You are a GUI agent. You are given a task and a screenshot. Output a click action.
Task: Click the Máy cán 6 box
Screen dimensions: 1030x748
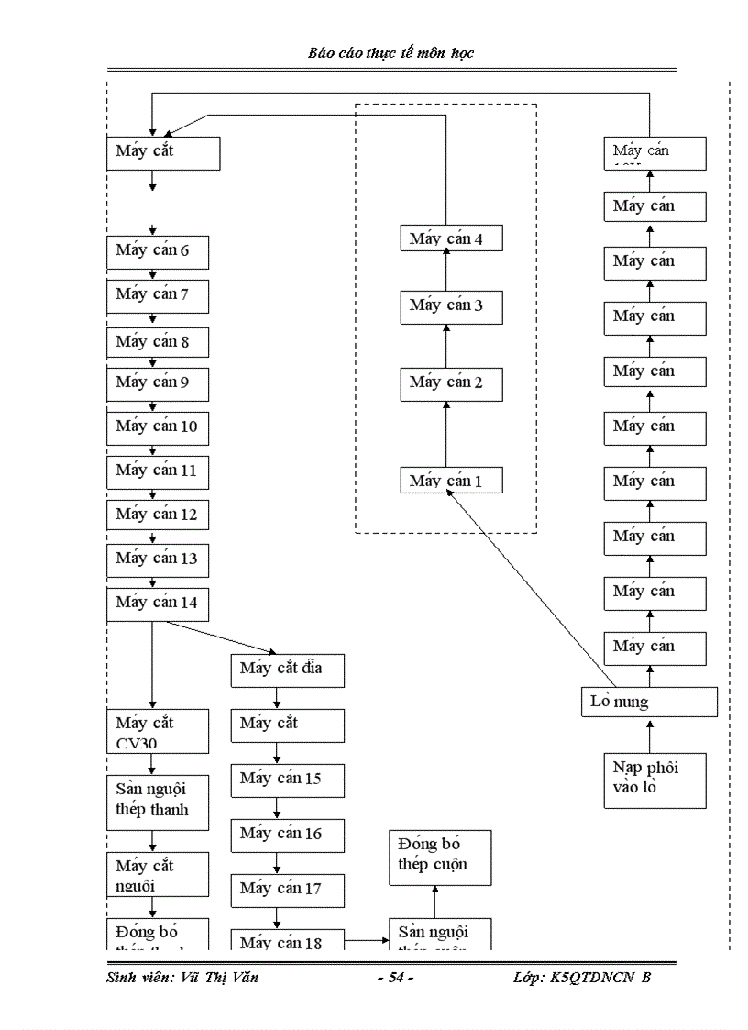click(x=157, y=250)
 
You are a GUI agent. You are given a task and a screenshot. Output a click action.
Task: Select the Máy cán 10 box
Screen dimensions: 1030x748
click(x=157, y=426)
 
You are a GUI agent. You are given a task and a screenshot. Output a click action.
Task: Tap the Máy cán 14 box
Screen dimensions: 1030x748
click(x=157, y=604)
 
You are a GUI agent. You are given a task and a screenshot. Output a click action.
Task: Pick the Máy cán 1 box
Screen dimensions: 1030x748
click(x=452, y=481)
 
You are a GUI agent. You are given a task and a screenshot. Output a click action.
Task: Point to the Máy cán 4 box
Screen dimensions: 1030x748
click(x=452, y=239)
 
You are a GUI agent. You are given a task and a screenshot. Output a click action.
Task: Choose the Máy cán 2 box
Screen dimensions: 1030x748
click(x=452, y=382)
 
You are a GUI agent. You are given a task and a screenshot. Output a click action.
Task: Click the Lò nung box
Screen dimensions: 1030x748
click(x=649, y=702)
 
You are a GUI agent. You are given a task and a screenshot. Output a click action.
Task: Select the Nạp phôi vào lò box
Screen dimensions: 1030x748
click(x=654, y=780)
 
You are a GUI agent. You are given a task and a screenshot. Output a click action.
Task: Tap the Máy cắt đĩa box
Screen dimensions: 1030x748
click(x=287, y=669)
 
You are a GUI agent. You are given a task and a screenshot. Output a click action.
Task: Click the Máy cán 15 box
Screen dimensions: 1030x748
click(x=287, y=779)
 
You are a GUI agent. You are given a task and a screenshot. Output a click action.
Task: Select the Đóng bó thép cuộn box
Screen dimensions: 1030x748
click(x=439, y=857)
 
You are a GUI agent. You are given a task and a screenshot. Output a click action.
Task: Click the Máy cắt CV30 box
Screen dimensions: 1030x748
click(x=157, y=732)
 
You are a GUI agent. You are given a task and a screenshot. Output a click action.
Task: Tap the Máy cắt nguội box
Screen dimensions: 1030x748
click(x=157, y=874)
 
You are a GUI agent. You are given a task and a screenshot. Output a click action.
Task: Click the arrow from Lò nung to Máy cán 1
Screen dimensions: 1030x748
click(x=532, y=587)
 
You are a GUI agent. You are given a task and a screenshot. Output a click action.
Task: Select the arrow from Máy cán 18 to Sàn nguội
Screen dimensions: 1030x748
click(x=367, y=940)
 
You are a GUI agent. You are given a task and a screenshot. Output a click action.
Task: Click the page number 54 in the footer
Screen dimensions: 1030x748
click(x=396, y=978)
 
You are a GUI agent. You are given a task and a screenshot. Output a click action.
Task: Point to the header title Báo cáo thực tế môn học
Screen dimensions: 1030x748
click(x=391, y=53)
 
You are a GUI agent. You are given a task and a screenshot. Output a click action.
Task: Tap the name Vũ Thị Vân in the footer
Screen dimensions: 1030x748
click(x=219, y=978)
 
